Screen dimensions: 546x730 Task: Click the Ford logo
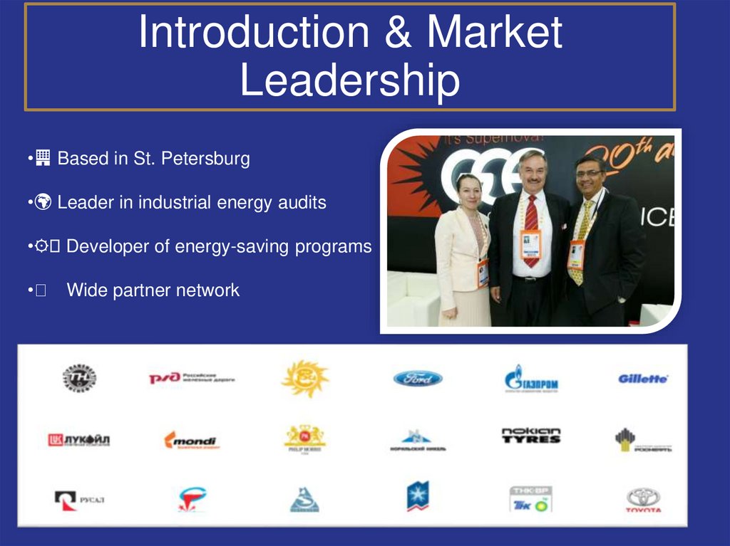(418, 378)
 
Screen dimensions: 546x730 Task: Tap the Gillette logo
(642, 379)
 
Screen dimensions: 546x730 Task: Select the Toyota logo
(643, 499)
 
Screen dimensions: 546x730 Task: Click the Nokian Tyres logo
(531, 436)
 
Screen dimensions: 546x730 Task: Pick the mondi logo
(190, 441)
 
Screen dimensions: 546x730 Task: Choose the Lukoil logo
(78, 440)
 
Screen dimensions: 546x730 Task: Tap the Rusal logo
(79, 499)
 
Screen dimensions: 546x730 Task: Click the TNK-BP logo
(531, 498)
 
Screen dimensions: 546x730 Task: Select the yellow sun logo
(304, 378)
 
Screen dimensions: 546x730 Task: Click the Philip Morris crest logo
(304, 438)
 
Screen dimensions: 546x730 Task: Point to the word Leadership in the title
(349, 80)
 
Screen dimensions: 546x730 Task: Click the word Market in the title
(495, 32)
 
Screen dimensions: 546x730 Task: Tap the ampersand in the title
(396, 32)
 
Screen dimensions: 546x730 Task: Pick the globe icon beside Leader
(43, 203)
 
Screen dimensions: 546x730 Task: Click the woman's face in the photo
(468, 191)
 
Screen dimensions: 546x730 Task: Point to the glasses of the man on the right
(590, 173)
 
